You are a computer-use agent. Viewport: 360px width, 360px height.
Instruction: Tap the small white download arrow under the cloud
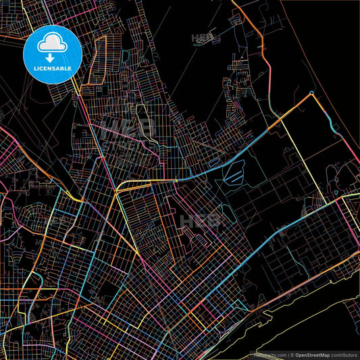point(51,49)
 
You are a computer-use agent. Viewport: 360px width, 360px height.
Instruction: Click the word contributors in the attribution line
point(344,355)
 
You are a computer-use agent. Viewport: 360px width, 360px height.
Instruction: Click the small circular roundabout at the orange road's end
point(311,93)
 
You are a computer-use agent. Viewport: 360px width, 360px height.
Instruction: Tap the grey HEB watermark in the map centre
point(200,221)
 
